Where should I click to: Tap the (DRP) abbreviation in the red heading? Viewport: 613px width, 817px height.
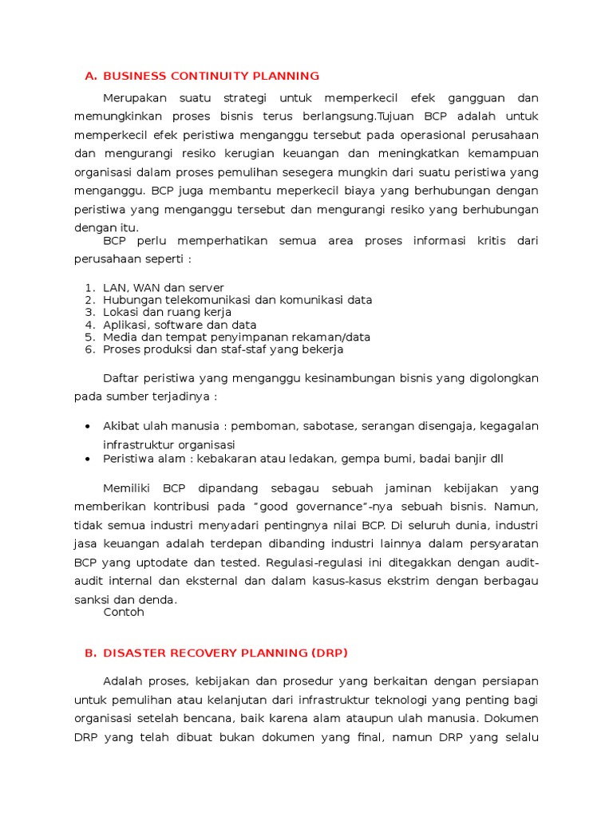coord(330,653)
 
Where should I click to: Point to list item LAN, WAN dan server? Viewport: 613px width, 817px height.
coord(164,287)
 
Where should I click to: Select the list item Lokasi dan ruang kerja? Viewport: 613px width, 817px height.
coord(167,312)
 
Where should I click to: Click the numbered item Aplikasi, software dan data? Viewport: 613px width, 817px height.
coord(180,325)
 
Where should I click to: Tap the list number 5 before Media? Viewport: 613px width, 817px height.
coord(89,337)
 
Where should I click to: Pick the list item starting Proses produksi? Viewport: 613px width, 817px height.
coord(223,349)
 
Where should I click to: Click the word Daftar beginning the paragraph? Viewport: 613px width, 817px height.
coord(121,377)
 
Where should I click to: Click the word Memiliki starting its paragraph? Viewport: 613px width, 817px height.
coord(128,487)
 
